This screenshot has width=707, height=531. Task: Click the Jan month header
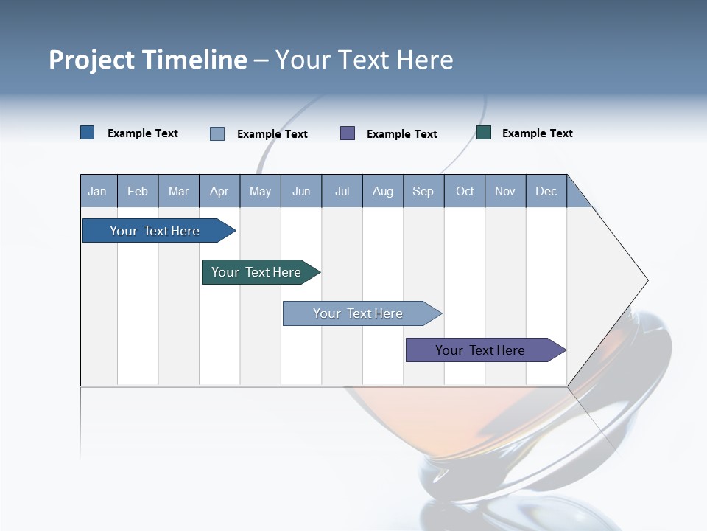tap(97, 191)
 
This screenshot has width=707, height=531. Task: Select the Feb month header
tap(138, 191)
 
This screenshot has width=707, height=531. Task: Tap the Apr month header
tap(219, 191)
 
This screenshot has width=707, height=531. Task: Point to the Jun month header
tap(301, 191)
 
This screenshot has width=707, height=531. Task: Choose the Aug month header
tap(383, 191)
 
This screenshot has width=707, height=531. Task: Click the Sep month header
tap(423, 191)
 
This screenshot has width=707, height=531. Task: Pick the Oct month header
tap(465, 191)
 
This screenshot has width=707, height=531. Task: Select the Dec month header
tap(546, 191)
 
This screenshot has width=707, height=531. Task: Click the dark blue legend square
tap(88, 133)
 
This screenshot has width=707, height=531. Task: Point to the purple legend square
tap(348, 133)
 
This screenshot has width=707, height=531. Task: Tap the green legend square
tap(484, 133)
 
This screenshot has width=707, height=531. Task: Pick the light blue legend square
tap(217, 133)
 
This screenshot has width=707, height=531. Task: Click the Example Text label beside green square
tap(538, 133)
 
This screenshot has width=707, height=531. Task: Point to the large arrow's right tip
tap(647, 280)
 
